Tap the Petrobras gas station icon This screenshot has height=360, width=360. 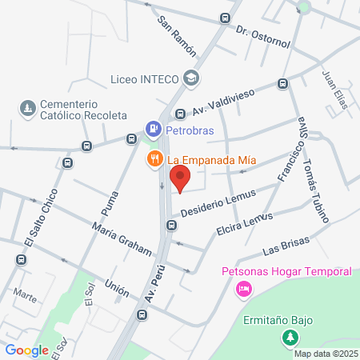[152, 128]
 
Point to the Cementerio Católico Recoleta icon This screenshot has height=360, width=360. [28, 108]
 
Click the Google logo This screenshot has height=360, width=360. [26, 350]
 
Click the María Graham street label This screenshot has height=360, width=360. [121, 239]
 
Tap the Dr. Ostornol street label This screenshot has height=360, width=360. [262, 35]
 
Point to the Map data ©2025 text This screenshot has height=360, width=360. [326, 354]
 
